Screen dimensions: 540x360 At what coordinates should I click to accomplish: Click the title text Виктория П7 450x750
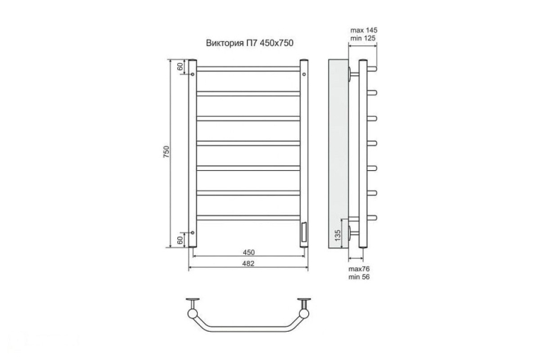point(249,43)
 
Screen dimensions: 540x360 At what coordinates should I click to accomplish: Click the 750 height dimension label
point(167,152)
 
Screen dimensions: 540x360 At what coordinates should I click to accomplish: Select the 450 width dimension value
point(248,252)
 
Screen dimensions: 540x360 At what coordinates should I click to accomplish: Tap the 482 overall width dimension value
point(248,264)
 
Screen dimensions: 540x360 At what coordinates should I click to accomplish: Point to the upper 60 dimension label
point(180,66)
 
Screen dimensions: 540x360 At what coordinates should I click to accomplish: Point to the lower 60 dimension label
point(180,240)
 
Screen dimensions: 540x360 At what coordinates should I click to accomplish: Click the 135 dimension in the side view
point(337,235)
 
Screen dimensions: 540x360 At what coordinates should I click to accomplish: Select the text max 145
point(364,30)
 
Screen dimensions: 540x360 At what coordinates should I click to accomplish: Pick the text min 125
point(363,38)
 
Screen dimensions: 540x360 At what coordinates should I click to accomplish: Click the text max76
point(359,269)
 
